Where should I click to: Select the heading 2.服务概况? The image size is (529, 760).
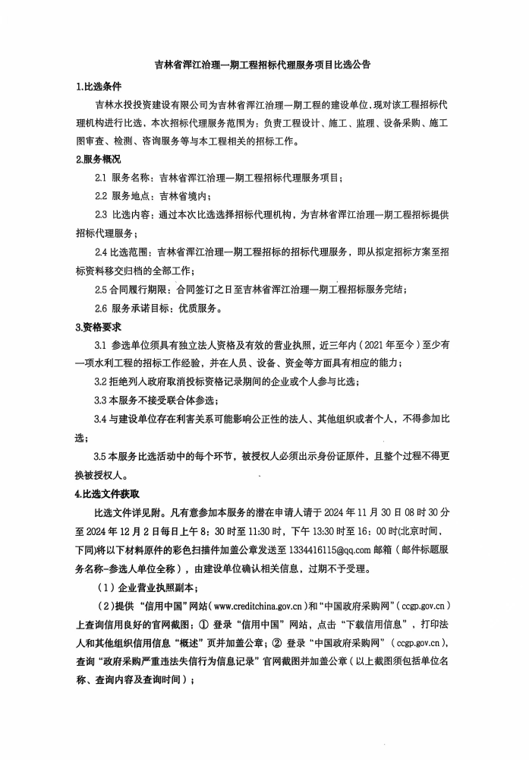coord(99,160)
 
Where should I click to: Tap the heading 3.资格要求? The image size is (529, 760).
coord(99,328)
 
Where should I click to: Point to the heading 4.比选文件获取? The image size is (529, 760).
coord(107,494)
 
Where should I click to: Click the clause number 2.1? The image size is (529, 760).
coord(101,179)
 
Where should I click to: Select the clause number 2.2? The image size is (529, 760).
coord(101,197)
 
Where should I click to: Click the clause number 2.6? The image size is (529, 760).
coord(101,309)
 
